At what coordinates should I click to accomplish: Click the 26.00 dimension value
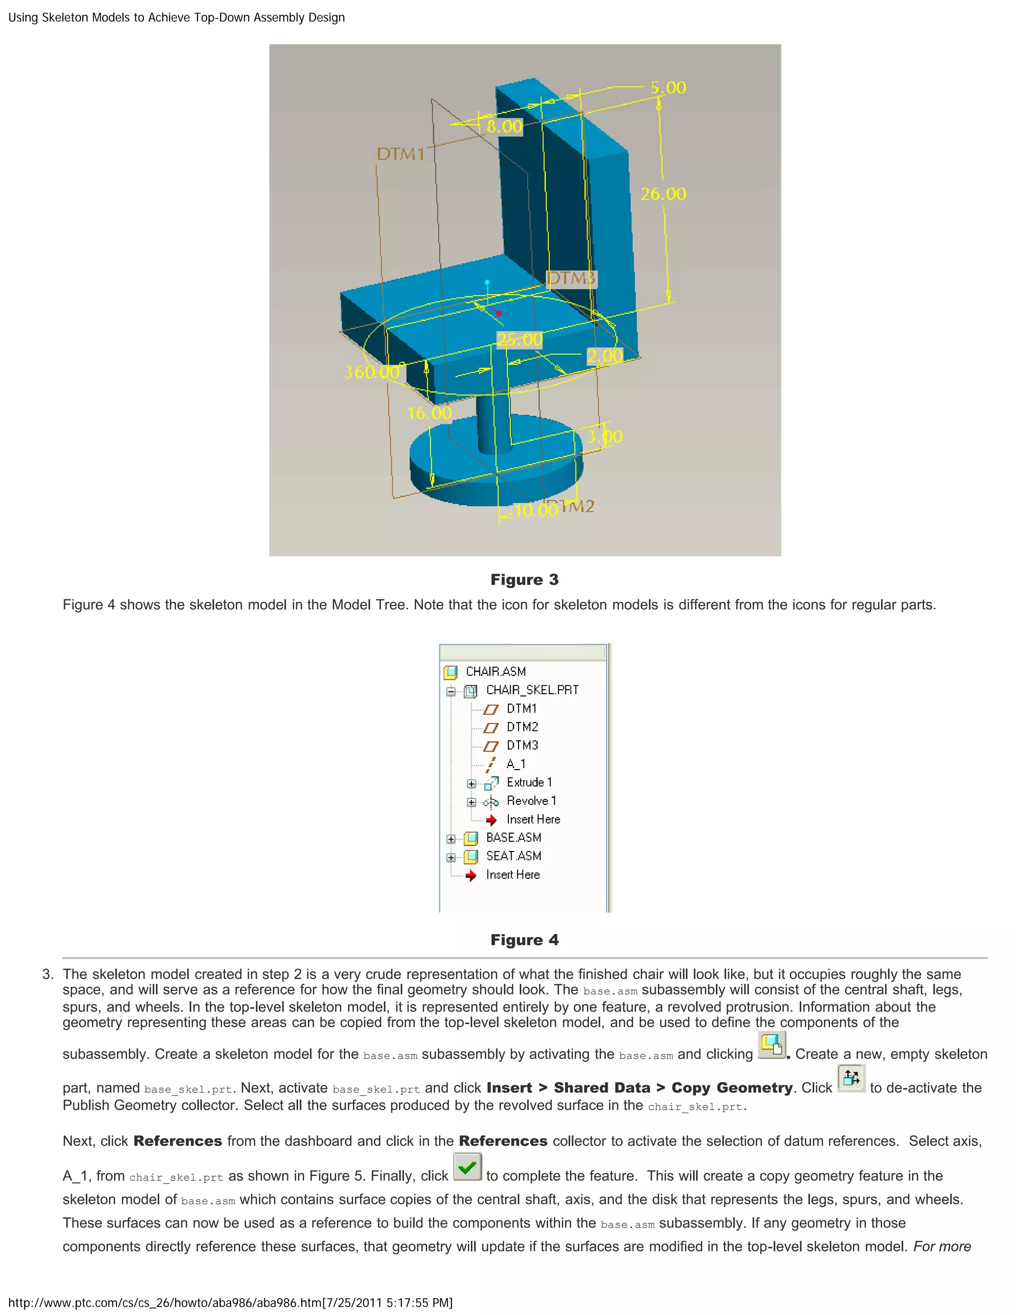(663, 194)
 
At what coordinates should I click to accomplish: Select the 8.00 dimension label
(505, 127)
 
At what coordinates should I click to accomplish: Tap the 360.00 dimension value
(372, 372)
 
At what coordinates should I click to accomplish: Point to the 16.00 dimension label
(429, 413)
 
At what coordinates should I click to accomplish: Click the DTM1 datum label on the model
(400, 154)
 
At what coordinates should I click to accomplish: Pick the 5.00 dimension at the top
(668, 88)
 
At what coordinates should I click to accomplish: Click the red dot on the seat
(499, 313)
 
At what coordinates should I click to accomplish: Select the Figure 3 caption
(524, 580)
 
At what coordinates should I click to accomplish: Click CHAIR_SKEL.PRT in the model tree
(532, 690)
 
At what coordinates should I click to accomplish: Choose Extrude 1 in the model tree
(528, 782)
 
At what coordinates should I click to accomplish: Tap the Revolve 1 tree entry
(531, 801)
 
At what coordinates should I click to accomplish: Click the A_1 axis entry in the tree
(515, 764)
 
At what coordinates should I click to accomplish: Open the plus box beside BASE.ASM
(451, 839)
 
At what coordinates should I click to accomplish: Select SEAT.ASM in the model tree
(513, 856)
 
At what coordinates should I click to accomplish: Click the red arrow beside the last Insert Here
(471, 875)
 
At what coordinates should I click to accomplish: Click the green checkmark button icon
(467, 1168)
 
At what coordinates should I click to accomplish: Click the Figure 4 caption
(524, 940)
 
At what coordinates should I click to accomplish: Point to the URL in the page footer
(230, 1303)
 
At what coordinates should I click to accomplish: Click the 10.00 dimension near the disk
(536, 511)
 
